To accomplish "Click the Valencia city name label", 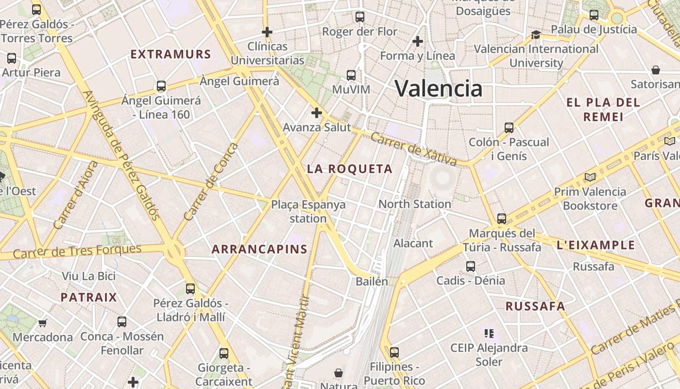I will (439, 88).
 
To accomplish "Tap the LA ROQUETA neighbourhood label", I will (350, 169).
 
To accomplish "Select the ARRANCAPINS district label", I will (260, 249).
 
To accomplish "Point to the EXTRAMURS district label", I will (171, 54).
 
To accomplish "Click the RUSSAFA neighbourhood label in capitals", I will (535, 306).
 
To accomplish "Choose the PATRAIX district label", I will (89, 297).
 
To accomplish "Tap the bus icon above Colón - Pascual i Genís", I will (509, 128).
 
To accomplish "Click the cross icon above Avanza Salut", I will (317, 113).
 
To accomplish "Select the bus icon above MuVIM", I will (351, 75).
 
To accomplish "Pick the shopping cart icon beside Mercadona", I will (43, 323).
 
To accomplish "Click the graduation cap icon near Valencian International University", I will (536, 35).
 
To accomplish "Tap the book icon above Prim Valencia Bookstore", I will (590, 177).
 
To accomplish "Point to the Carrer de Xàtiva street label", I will (413, 149).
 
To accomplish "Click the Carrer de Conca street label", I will (212, 181).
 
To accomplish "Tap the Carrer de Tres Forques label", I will (77, 251).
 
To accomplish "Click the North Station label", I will (415, 204).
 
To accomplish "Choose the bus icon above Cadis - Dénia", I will (470, 266).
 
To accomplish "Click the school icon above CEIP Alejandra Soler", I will (489, 334).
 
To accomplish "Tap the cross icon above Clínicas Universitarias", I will (267, 33).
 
